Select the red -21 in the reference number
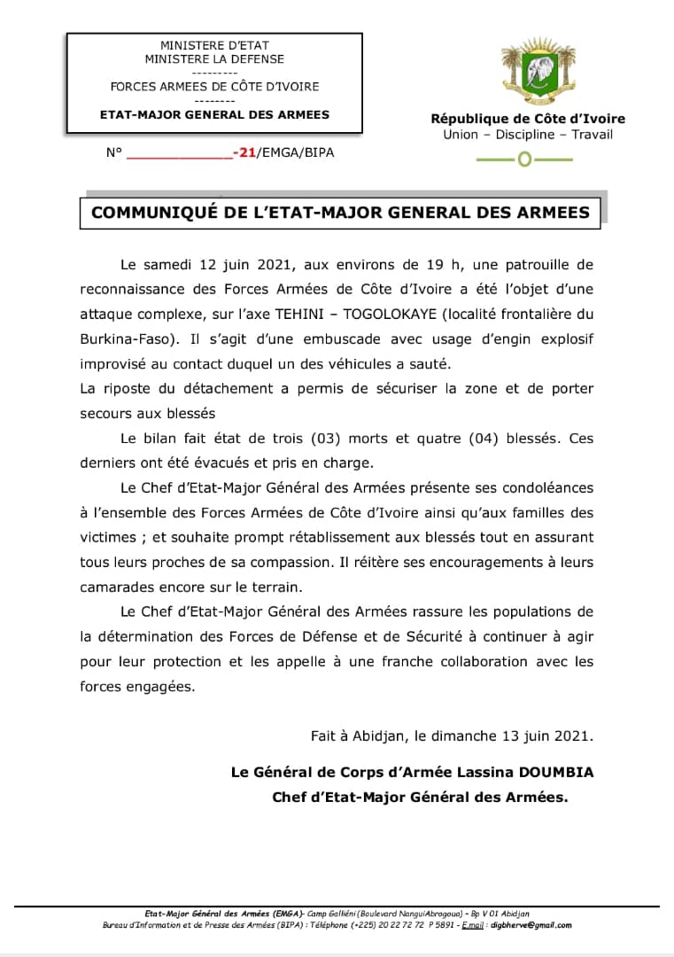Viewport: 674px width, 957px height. coord(244,152)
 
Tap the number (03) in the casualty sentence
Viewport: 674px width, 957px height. coord(327,439)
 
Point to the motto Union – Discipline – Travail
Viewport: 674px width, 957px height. coord(528,135)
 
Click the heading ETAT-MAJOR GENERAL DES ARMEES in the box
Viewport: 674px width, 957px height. coord(214,114)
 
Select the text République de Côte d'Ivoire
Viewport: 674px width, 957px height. coord(528,119)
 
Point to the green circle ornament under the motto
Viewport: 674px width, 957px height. coord(524,160)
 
